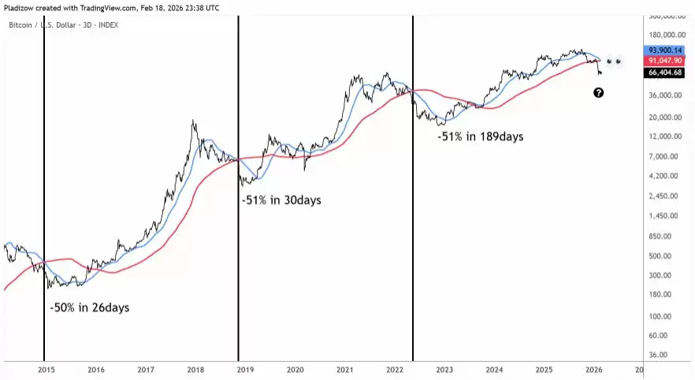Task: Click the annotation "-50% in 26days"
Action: point(89,307)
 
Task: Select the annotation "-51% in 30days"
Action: point(281,200)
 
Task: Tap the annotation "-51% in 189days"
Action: point(480,136)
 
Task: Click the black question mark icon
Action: point(598,93)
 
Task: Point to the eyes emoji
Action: point(615,61)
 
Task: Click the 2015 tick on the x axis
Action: point(46,369)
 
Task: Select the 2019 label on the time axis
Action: point(245,369)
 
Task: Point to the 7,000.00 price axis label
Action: point(666,157)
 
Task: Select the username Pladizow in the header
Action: point(22,8)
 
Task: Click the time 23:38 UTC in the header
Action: point(200,8)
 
